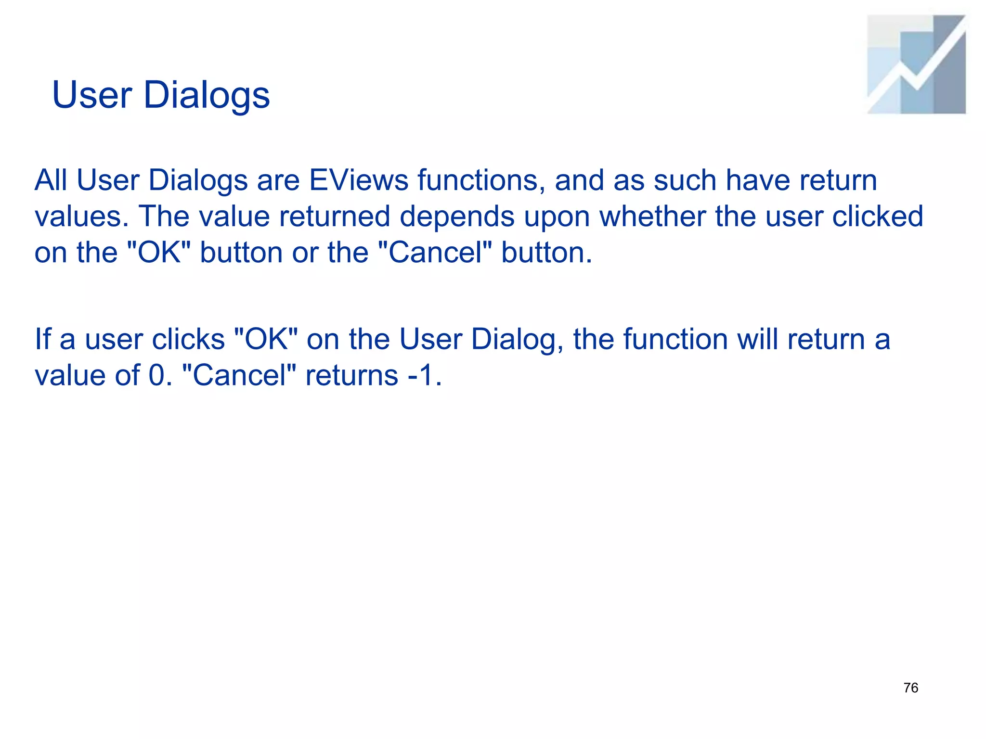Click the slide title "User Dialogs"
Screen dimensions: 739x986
(x=161, y=95)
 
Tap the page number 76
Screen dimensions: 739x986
(x=910, y=688)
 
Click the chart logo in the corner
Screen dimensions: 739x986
(x=916, y=64)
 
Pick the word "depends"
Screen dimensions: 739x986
(x=457, y=217)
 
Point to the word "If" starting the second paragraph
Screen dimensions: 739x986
(x=43, y=340)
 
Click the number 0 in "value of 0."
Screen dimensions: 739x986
(x=157, y=376)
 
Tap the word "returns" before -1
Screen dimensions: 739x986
(x=351, y=376)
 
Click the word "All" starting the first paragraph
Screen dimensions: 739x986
(x=51, y=180)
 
